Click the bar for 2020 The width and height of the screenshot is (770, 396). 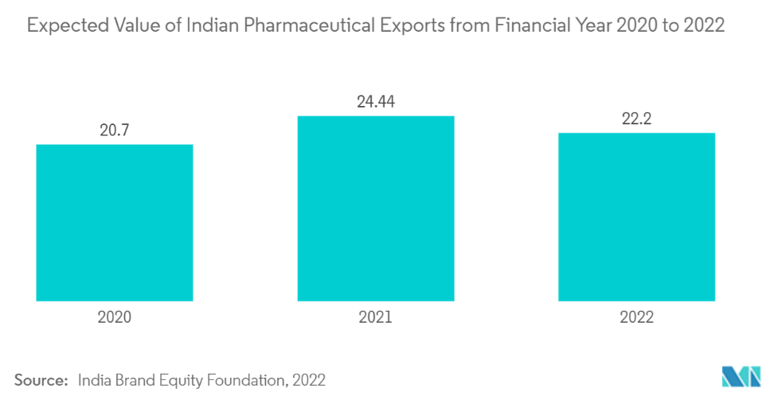tap(115, 222)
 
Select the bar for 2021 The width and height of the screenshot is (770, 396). tap(376, 208)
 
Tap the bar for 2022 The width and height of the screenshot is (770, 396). tap(636, 217)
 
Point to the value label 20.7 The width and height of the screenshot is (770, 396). tap(115, 129)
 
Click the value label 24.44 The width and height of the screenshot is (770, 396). tap(376, 101)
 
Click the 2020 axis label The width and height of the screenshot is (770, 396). tap(115, 317)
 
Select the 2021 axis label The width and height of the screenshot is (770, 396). tap(376, 317)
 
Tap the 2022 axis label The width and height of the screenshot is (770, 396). tap(636, 317)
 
